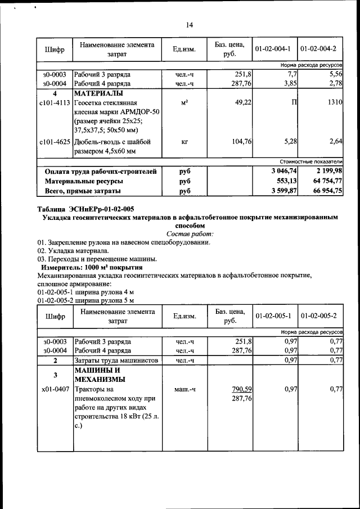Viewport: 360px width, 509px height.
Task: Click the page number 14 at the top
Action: (x=189, y=25)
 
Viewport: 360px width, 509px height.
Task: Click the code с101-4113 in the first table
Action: (x=55, y=102)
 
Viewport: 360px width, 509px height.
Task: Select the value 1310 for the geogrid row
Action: (x=335, y=102)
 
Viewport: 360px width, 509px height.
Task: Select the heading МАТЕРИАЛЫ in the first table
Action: (x=99, y=93)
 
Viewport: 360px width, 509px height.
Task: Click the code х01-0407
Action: (x=55, y=389)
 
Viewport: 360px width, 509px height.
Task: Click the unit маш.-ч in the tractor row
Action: (x=184, y=389)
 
